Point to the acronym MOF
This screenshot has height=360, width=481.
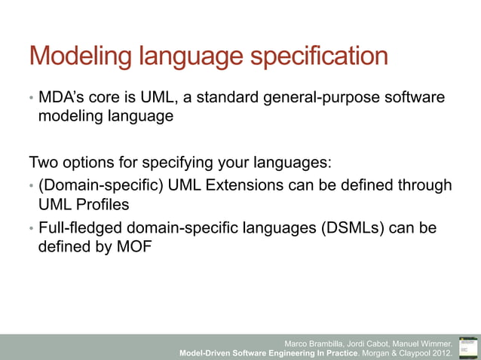[x=132, y=247]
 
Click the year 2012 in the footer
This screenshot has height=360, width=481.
[x=441, y=352]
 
